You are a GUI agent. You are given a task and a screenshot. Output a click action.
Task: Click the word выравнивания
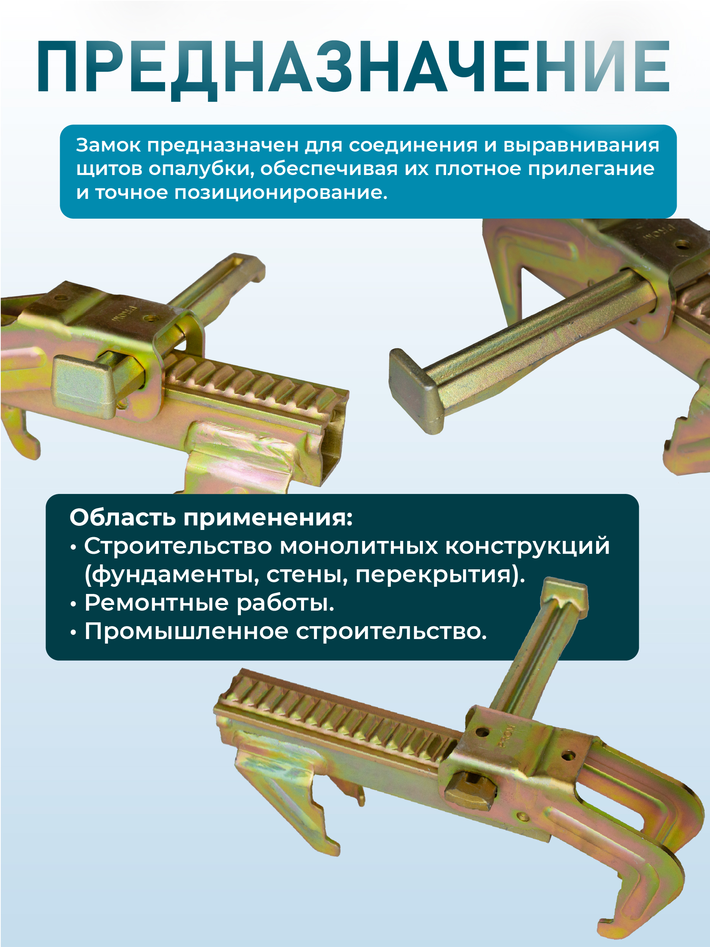coord(581,145)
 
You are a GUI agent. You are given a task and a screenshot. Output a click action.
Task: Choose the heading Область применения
coord(211,517)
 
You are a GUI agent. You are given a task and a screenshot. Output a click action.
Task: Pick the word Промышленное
coord(186,631)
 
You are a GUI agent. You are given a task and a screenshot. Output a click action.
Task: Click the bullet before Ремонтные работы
coord(73,604)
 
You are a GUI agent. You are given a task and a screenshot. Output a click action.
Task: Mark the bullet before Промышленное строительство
coord(73,632)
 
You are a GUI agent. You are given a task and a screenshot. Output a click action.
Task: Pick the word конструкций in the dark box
coord(527,546)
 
